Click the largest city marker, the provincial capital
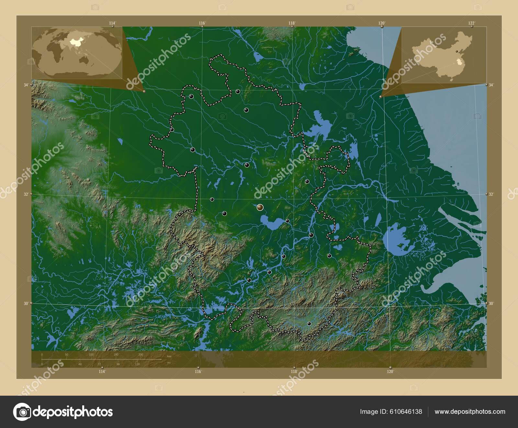pos(260,207)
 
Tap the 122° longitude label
pos(471,23)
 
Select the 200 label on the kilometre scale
pos(141,355)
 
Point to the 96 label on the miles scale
pos(118,364)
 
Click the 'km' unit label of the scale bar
pos(169,356)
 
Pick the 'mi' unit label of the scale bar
pos(169,363)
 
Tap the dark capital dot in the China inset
pos(457,51)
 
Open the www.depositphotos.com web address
pos(470,412)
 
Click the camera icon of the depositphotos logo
pos(22,412)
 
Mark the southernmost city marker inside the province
pos(309,324)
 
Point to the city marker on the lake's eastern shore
pos(287,221)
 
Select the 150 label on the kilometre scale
pos(116,355)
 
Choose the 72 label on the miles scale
pos(99,364)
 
